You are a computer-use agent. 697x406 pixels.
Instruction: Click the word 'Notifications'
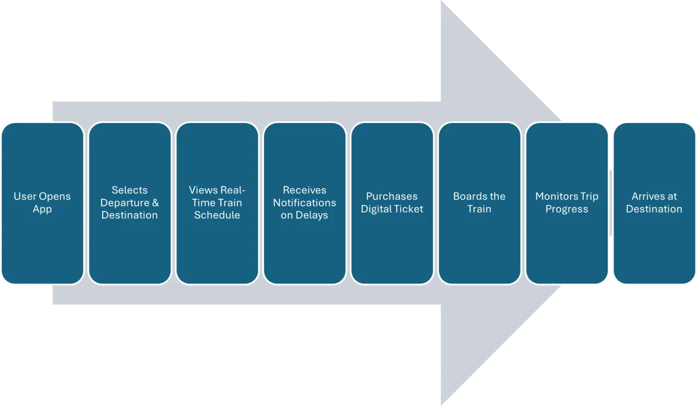(x=304, y=203)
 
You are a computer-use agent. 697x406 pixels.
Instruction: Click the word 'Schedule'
(x=217, y=215)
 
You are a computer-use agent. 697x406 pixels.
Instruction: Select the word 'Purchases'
(x=392, y=196)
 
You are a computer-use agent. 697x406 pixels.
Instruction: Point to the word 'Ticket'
(x=409, y=209)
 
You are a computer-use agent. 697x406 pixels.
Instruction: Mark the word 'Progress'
(x=567, y=209)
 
